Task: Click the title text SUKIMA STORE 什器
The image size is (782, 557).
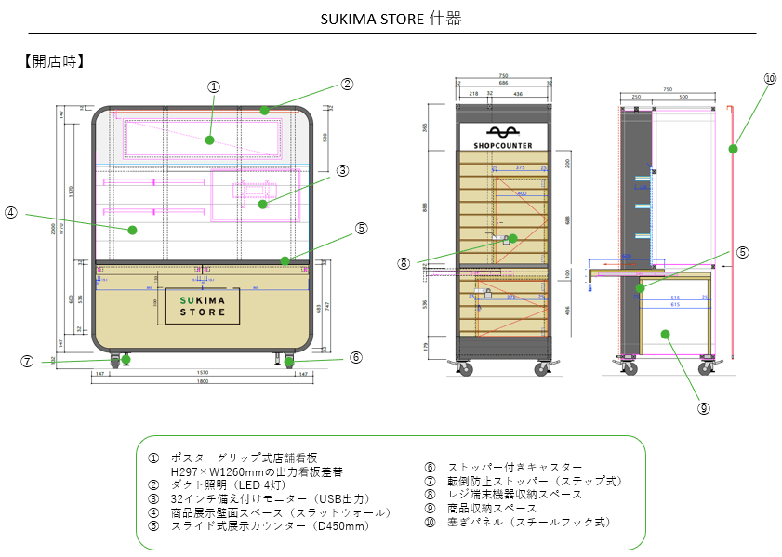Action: [391, 19]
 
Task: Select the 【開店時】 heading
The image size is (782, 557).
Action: [54, 61]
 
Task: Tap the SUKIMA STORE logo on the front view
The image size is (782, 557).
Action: [203, 306]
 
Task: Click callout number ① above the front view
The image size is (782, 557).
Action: [213, 86]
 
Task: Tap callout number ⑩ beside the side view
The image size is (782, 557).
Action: [770, 79]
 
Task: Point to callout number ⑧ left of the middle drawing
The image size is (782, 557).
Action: [404, 263]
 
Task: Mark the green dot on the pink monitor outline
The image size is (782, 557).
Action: [263, 204]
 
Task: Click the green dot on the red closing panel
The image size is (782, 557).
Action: [733, 148]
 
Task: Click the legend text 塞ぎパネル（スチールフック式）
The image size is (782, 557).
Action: [529, 522]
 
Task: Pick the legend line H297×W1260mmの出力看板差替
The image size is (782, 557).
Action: [245, 471]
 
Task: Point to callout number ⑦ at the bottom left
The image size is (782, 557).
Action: [27, 361]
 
